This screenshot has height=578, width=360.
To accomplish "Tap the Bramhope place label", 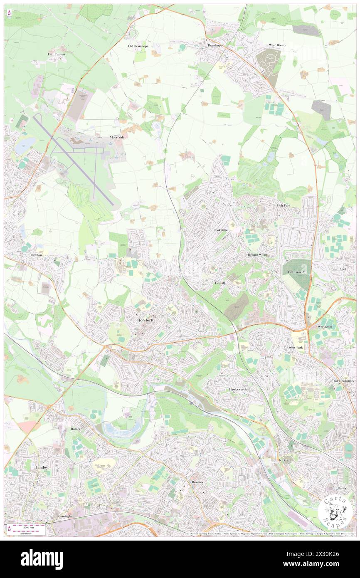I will click(216, 45).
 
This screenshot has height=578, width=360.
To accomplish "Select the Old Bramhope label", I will click(138, 46).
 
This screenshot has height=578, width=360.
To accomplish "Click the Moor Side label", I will click(117, 137).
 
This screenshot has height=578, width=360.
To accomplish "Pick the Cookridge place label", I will click(221, 230).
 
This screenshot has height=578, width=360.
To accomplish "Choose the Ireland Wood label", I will click(257, 254).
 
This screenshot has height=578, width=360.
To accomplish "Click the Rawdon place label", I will click(36, 255).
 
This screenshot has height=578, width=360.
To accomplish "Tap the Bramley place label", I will click(197, 482).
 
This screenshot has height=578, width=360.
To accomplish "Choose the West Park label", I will click(296, 347).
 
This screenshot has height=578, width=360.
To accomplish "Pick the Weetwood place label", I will click(326, 327).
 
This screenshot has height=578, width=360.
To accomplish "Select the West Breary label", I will click(278, 45).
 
